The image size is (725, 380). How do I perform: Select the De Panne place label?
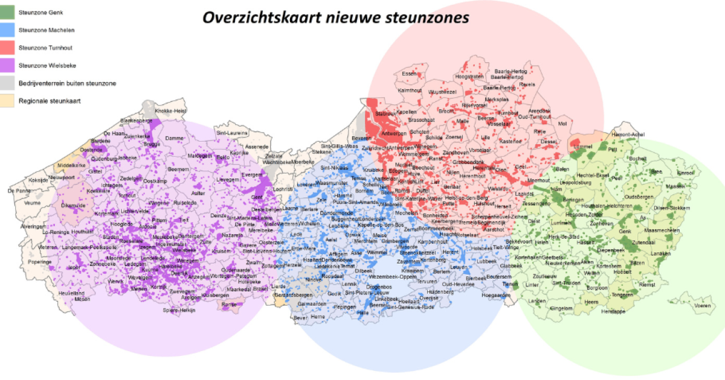(x=19, y=191)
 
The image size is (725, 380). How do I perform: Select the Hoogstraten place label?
(x=469, y=77)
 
